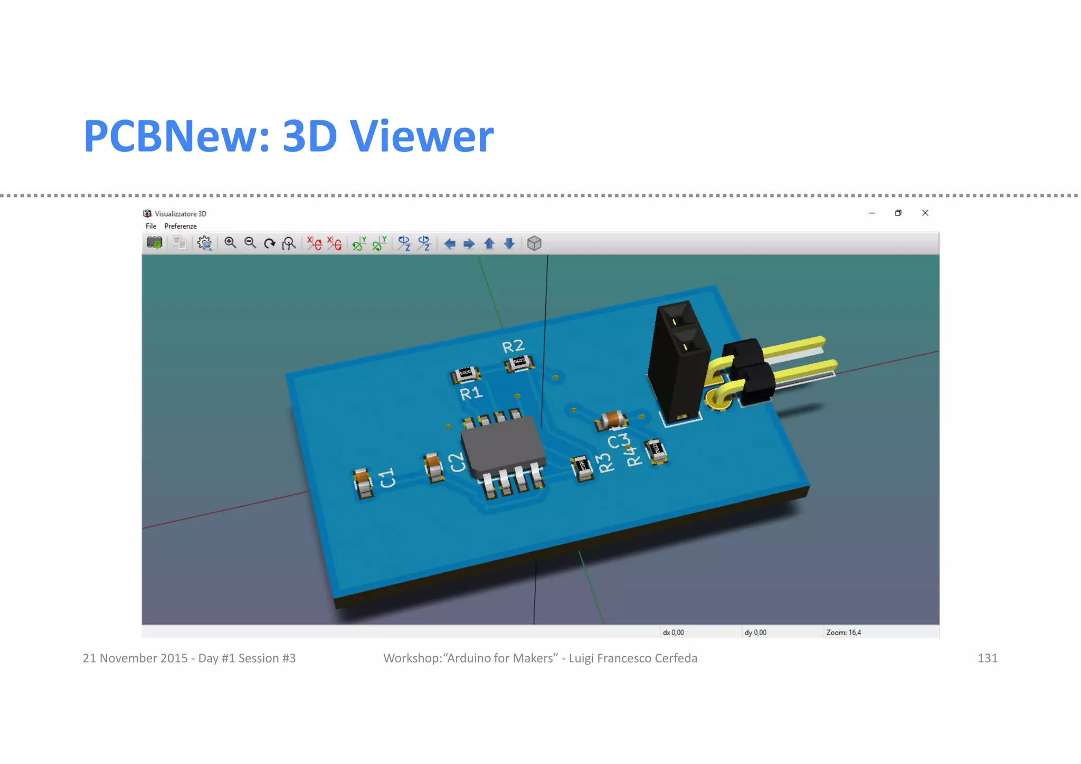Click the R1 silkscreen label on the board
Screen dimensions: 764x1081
click(x=471, y=393)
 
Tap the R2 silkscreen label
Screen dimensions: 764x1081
click(x=513, y=346)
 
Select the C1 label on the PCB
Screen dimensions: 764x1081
click(x=387, y=478)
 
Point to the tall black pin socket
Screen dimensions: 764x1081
click(x=678, y=364)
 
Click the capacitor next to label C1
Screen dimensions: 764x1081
click(x=363, y=483)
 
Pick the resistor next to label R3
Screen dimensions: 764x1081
click(x=582, y=467)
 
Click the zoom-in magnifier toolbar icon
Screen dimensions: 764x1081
click(x=230, y=243)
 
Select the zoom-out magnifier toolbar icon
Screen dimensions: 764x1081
click(x=250, y=243)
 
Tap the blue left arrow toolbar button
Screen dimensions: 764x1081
click(x=449, y=243)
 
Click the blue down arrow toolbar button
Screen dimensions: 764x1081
click(x=509, y=243)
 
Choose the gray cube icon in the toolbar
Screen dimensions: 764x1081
click(x=534, y=243)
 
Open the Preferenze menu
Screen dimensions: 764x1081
click(x=180, y=226)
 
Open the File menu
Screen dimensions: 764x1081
click(x=151, y=226)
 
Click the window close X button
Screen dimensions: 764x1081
click(x=925, y=213)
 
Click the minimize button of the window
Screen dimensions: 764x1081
click(x=872, y=213)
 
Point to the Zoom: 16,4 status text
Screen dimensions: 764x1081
click(x=843, y=632)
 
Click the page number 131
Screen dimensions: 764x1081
click(x=987, y=658)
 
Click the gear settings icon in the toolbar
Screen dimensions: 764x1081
click(x=204, y=243)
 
